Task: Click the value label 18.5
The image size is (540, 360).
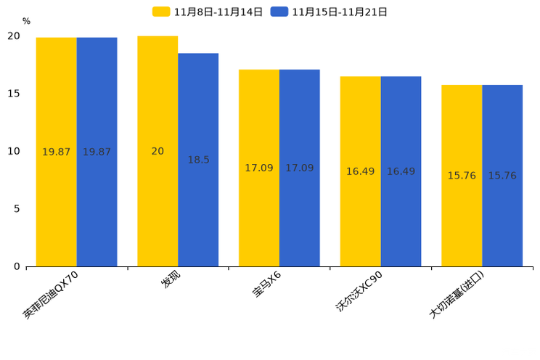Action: point(198,160)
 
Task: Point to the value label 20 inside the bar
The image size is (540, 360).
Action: point(157,152)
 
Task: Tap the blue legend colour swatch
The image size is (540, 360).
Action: point(279,12)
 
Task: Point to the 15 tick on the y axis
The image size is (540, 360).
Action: point(14,94)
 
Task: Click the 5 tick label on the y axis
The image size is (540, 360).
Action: point(17,209)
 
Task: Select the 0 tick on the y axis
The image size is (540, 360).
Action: point(17,266)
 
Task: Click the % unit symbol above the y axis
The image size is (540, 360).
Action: point(26,22)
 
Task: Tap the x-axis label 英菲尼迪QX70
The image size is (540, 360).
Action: point(57,296)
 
